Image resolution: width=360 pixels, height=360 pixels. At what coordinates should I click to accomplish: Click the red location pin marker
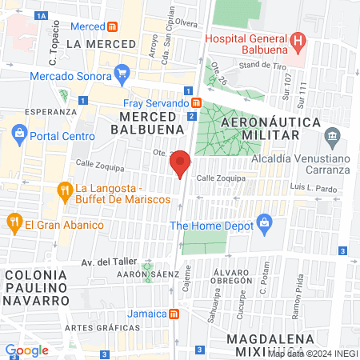(181, 163)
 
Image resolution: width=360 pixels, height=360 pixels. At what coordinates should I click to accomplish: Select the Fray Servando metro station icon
(196, 102)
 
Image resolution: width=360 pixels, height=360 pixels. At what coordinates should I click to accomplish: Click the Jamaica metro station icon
(174, 313)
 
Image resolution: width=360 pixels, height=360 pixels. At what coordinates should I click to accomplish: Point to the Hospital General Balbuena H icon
(297, 38)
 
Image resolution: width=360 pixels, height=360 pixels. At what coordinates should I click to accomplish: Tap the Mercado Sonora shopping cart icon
(122, 76)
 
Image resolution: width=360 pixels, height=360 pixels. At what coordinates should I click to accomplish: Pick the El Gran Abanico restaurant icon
(13, 223)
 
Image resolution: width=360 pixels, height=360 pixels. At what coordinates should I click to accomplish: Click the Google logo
(26, 350)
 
